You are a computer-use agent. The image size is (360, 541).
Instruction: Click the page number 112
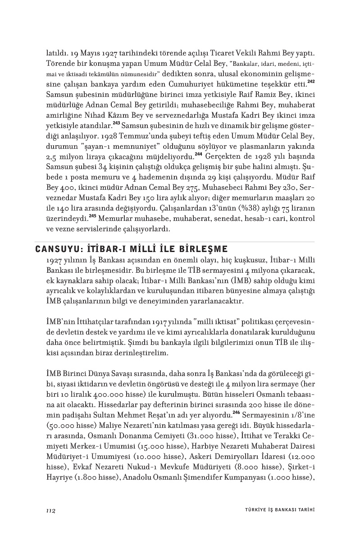[50, 510]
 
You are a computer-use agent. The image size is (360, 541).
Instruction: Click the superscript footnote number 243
[116, 123]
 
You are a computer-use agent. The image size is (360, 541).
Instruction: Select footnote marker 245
[92, 216]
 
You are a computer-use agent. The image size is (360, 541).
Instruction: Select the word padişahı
[78, 388]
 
